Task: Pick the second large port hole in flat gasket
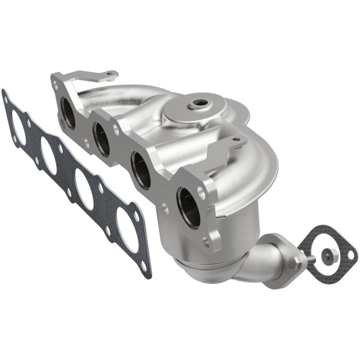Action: click(49, 155)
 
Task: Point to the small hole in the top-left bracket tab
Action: click(109, 73)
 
